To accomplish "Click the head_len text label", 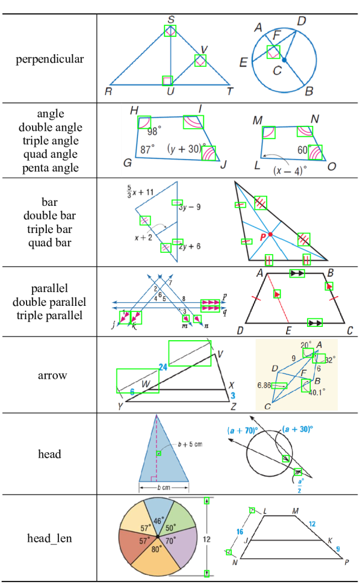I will tap(49, 538).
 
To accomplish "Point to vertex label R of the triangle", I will tap(108, 92).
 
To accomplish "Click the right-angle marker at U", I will tap(167, 81).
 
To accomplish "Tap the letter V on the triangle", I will tap(204, 49).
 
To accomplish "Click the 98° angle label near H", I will tap(154, 131).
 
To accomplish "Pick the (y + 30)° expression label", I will tap(183, 148).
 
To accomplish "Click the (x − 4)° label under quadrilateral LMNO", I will tap(289, 170).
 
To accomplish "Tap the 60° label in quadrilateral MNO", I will tap(302, 149).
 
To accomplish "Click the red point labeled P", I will tap(270, 234).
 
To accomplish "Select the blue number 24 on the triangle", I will tap(163, 366).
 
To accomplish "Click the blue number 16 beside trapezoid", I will tap(240, 532).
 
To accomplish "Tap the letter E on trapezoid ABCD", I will tap(288, 331).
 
